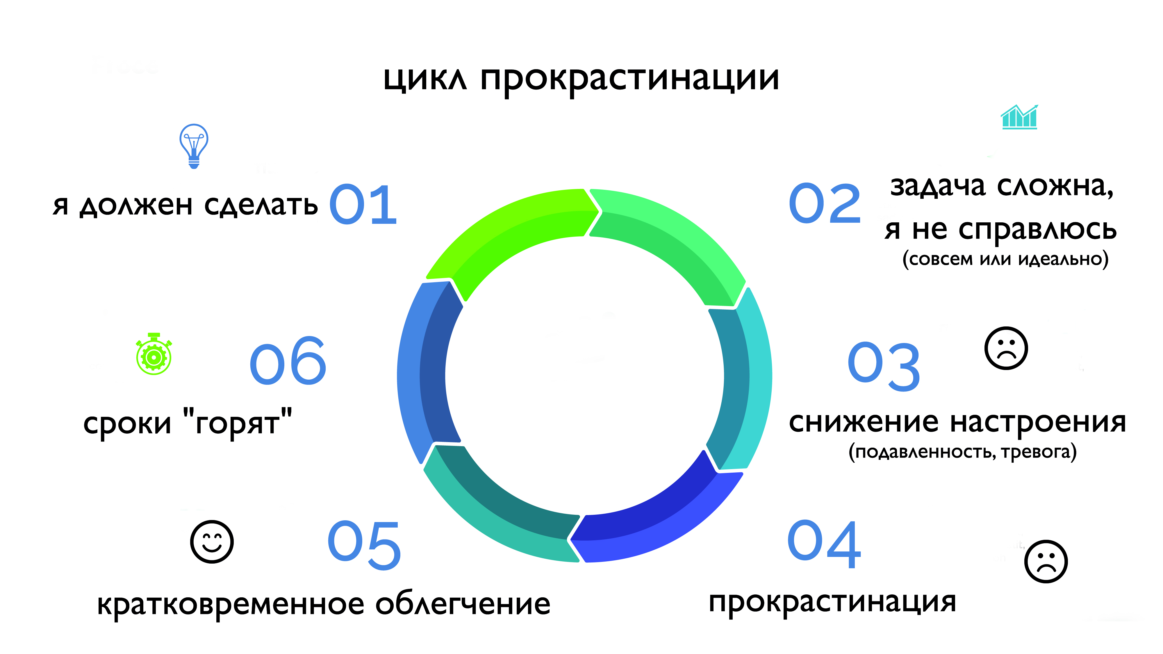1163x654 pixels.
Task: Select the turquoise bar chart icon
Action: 1019,117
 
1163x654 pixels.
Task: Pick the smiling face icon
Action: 212,542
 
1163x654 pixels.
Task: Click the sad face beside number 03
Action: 1006,348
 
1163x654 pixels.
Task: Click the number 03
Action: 884,367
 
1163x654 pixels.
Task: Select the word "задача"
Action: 938,186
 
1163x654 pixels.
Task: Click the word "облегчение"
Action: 463,604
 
